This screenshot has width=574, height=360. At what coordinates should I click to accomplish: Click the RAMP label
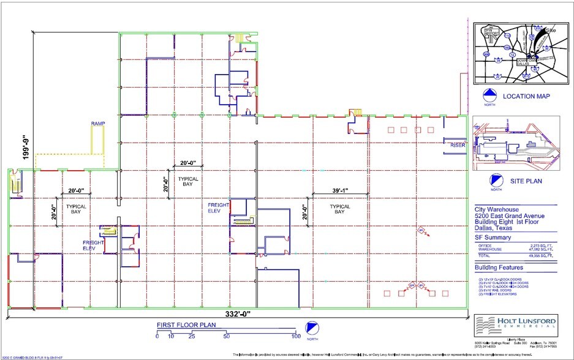pyautogui.click(x=98, y=124)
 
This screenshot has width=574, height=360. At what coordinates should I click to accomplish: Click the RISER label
pyautogui.click(x=458, y=145)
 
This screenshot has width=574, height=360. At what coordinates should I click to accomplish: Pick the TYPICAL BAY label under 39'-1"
pyautogui.click(x=340, y=210)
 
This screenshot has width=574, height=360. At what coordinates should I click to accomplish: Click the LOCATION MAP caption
pyautogui.click(x=526, y=97)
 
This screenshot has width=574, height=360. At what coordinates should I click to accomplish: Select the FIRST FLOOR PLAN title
pyautogui.click(x=182, y=325)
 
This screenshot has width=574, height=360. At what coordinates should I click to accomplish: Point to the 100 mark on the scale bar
pyautogui.click(x=296, y=337)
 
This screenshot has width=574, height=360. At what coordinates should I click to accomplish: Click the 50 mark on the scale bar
pyautogui.click(x=227, y=337)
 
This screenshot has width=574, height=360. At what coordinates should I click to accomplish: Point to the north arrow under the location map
pyautogui.click(x=489, y=95)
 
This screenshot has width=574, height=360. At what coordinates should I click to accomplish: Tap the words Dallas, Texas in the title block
pyautogui.click(x=496, y=227)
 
